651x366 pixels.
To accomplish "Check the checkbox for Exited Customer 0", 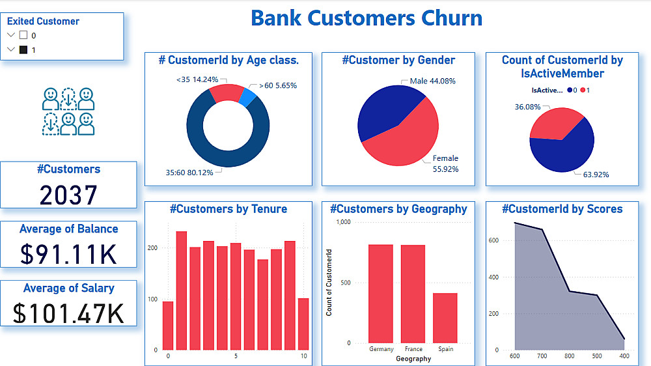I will point(23,35).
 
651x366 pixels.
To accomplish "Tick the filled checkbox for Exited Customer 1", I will point(23,49).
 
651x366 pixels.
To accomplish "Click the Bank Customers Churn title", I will point(367,18).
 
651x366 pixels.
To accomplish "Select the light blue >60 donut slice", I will point(247,97).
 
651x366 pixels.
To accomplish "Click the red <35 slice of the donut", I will point(227,93).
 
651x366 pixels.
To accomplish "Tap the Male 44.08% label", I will point(432,81).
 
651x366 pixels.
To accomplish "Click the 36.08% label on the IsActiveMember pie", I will point(527,107).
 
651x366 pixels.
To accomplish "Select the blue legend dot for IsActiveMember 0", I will point(570,91).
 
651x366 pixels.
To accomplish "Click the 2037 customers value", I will point(68,195).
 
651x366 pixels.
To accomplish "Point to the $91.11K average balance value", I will point(68,253).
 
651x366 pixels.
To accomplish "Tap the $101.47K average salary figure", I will point(68,313).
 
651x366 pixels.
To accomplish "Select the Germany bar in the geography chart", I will point(381,294).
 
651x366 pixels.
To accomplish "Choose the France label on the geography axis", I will point(413,349).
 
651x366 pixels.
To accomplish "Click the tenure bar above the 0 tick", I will point(168,325).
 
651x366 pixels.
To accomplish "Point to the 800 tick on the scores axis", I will point(570,356).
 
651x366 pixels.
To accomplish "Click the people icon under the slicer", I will point(68,111).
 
